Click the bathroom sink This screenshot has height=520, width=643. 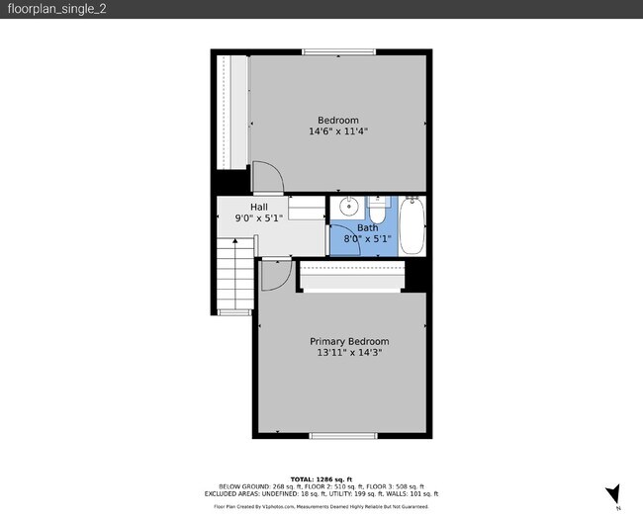(x=347, y=209)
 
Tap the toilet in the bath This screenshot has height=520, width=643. (x=378, y=210)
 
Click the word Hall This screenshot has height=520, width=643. (x=258, y=207)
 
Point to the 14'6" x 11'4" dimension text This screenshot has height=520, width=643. (x=338, y=130)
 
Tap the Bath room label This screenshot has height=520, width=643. (x=367, y=227)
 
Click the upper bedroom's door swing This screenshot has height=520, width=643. (x=268, y=178)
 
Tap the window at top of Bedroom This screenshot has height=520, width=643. (x=338, y=51)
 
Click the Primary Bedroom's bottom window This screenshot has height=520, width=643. (x=342, y=436)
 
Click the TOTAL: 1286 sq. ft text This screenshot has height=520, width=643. (x=321, y=478)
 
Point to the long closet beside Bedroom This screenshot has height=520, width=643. (x=232, y=112)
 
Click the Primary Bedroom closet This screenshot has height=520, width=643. (x=350, y=277)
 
